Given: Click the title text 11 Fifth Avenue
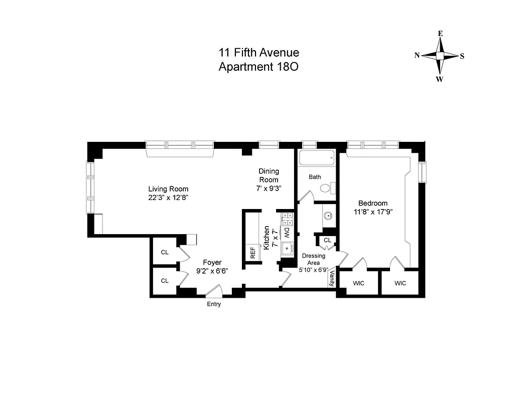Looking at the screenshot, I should coord(258,53).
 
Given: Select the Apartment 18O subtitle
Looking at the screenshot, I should coord(258,67).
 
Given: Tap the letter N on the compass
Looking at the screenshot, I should coord(417,56).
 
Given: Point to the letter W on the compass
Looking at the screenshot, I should coord(439,79).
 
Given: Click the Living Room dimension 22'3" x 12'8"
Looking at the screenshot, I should coord(168,197).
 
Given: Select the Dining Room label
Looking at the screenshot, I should coord(269,175).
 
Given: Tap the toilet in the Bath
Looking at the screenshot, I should coord(327,188).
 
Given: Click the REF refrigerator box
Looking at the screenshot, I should coord(253,253).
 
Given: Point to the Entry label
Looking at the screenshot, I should coord(214,304).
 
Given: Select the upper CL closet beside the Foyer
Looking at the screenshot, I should coord(165,252).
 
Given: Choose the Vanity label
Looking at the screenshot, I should coord(332,279).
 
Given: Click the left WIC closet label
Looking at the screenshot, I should coord(358,283).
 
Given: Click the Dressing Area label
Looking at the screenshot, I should coord(314,259).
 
